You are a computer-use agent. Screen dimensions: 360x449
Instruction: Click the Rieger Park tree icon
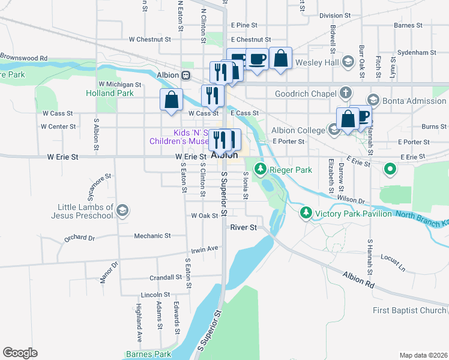(261, 170)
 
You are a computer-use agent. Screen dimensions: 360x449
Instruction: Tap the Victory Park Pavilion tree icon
(306, 213)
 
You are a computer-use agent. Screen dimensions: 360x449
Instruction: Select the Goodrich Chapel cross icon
(345, 93)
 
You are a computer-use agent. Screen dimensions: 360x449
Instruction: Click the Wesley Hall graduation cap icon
(347, 62)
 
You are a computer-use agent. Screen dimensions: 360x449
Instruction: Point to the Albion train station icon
(187, 75)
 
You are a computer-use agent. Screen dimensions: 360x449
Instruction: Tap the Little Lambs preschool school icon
(122, 210)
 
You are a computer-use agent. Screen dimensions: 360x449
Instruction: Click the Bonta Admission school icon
(373, 101)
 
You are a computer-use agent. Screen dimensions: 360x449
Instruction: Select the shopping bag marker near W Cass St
(171, 99)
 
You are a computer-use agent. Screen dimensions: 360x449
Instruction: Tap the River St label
(244, 227)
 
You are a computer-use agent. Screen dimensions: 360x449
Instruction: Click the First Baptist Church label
(409, 310)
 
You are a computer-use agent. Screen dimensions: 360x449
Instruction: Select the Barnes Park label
(149, 354)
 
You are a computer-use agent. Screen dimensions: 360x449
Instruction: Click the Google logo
(20, 353)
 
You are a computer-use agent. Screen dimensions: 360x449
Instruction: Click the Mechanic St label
(152, 236)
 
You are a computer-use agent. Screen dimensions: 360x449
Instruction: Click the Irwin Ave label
(205, 248)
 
